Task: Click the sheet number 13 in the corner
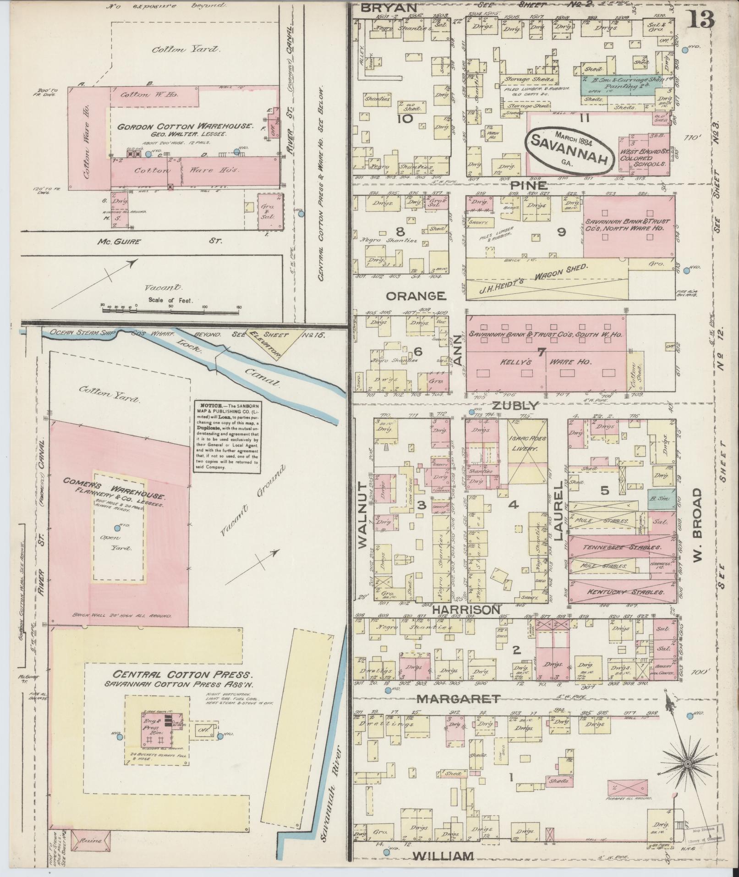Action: pos(701,19)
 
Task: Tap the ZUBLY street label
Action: pos(515,405)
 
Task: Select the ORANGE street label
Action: pos(416,296)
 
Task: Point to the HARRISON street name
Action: pos(465,610)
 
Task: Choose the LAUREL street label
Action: pos(558,510)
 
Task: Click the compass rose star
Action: pos(687,764)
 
